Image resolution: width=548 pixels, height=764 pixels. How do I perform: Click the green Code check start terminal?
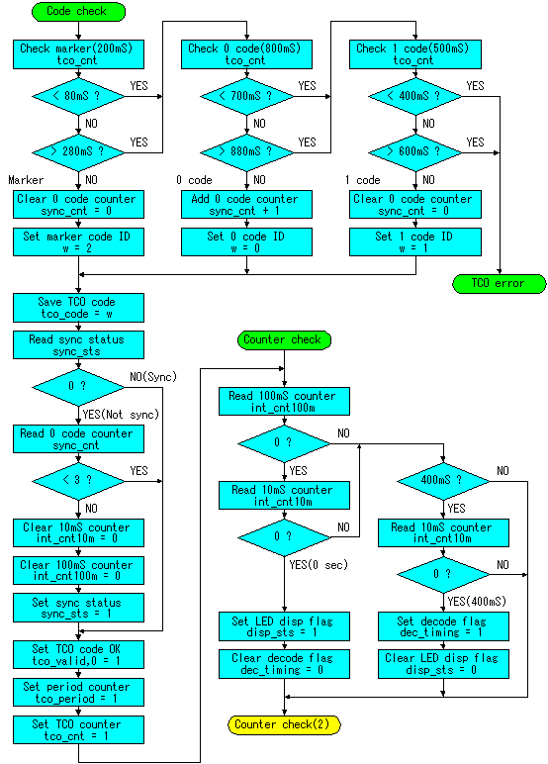point(78,12)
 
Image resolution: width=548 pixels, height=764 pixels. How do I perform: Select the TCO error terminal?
point(500,284)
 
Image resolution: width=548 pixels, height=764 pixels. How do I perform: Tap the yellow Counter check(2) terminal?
point(284,724)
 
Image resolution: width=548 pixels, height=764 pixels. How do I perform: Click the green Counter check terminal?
point(284,339)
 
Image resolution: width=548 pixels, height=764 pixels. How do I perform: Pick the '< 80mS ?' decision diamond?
point(78,96)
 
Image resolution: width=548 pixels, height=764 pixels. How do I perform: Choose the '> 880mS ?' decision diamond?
point(246,152)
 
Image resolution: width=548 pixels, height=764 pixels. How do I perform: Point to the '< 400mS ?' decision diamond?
point(415,96)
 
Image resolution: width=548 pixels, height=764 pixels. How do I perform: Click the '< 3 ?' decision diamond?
point(78,481)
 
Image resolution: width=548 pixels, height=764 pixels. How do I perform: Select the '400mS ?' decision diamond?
point(443,481)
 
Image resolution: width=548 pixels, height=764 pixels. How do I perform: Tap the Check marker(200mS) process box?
point(78,54)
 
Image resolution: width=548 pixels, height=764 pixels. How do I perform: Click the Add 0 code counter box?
point(246,204)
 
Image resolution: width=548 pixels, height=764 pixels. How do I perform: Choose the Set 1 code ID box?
point(415,241)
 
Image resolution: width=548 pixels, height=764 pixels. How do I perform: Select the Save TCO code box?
point(78,308)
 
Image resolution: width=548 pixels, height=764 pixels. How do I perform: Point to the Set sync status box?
point(78,608)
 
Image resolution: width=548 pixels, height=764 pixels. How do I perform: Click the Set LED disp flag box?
point(284,626)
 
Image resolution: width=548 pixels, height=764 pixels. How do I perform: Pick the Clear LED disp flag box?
point(443,664)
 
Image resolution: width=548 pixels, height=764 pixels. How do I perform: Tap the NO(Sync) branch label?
point(153,377)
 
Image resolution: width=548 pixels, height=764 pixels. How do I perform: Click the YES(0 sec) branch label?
point(319,565)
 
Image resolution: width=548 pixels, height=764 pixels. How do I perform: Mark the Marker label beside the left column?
point(26,180)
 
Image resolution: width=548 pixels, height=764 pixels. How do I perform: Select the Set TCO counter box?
point(78,729)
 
